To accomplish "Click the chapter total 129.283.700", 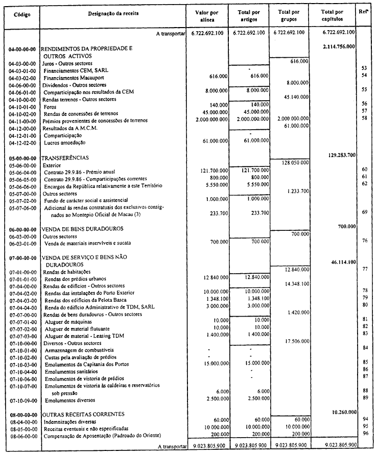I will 340,154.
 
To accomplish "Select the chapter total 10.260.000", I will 340,411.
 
